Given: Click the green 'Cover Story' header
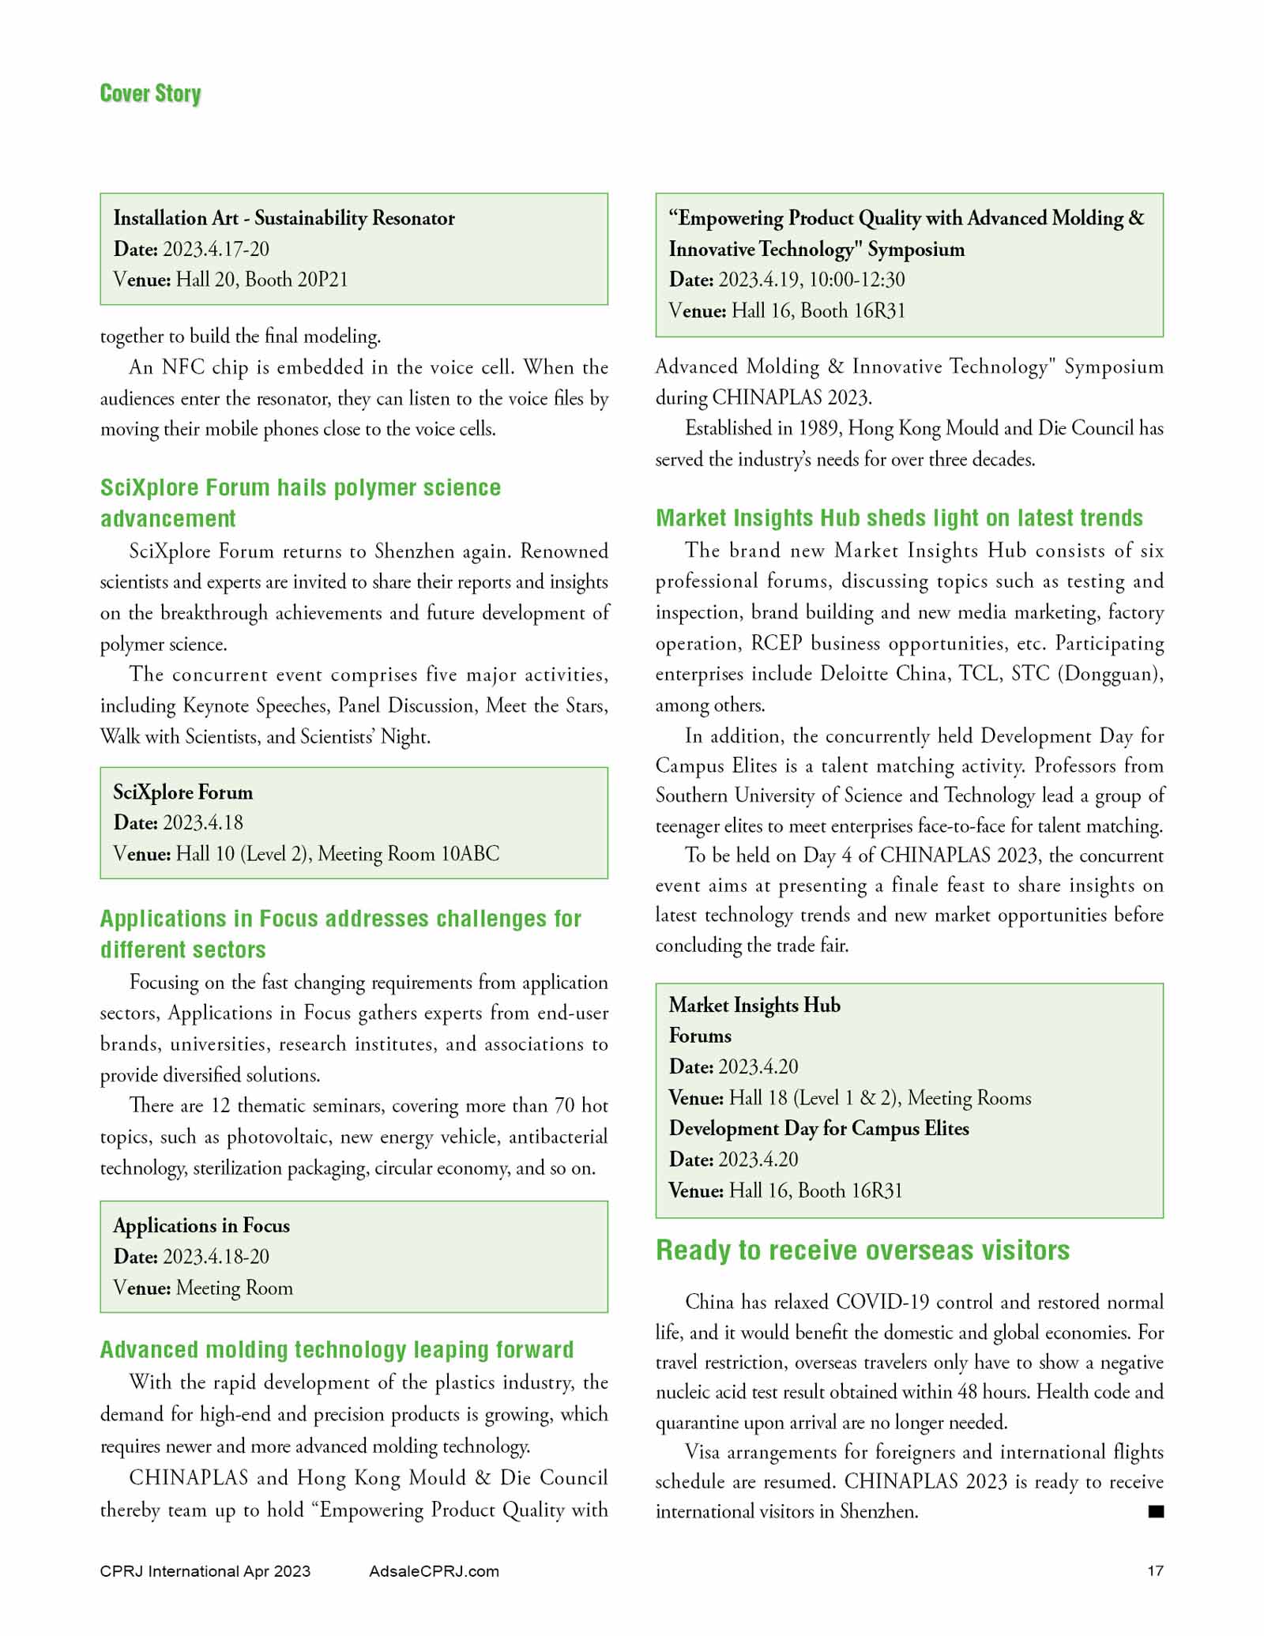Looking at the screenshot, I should click(x=150, y=93).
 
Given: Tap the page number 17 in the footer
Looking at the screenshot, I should click(x=1155, y=1570).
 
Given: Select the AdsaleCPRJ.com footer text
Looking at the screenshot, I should click(x=434, y=1571).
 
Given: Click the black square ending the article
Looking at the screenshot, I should click(x=1156, y=1511).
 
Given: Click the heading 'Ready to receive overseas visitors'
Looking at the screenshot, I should click(x=863, y=1251).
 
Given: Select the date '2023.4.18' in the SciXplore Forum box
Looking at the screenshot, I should click(x=203, y=822).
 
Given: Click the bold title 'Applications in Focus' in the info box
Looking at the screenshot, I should click(x=201, y=1225).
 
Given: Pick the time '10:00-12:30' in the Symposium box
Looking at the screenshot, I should click(x=857, y=280).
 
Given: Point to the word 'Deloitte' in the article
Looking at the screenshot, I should click(x=854, y=674).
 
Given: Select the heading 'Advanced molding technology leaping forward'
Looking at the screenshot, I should click(x=337, y=1349).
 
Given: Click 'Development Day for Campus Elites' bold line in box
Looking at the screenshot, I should click(x=818, y=1128).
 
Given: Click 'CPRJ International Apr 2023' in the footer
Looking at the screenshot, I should click(x=205, y=1571).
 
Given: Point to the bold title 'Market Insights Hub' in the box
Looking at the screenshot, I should click(x=754, y=1005).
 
